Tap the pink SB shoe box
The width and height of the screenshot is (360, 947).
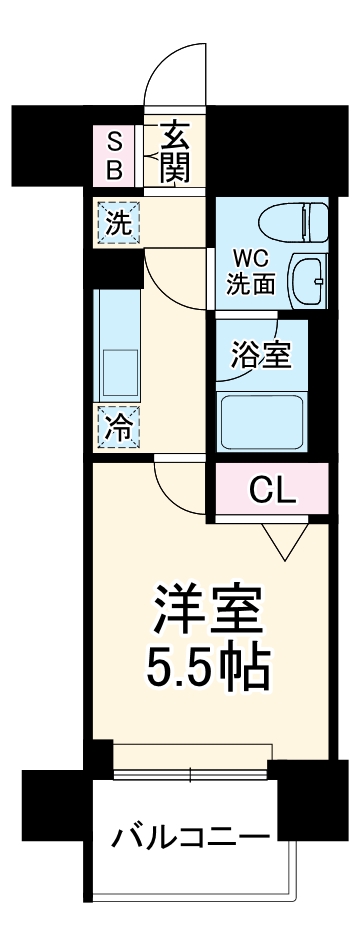tap(115, 154)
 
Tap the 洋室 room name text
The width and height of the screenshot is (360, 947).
tap(208, 608)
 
